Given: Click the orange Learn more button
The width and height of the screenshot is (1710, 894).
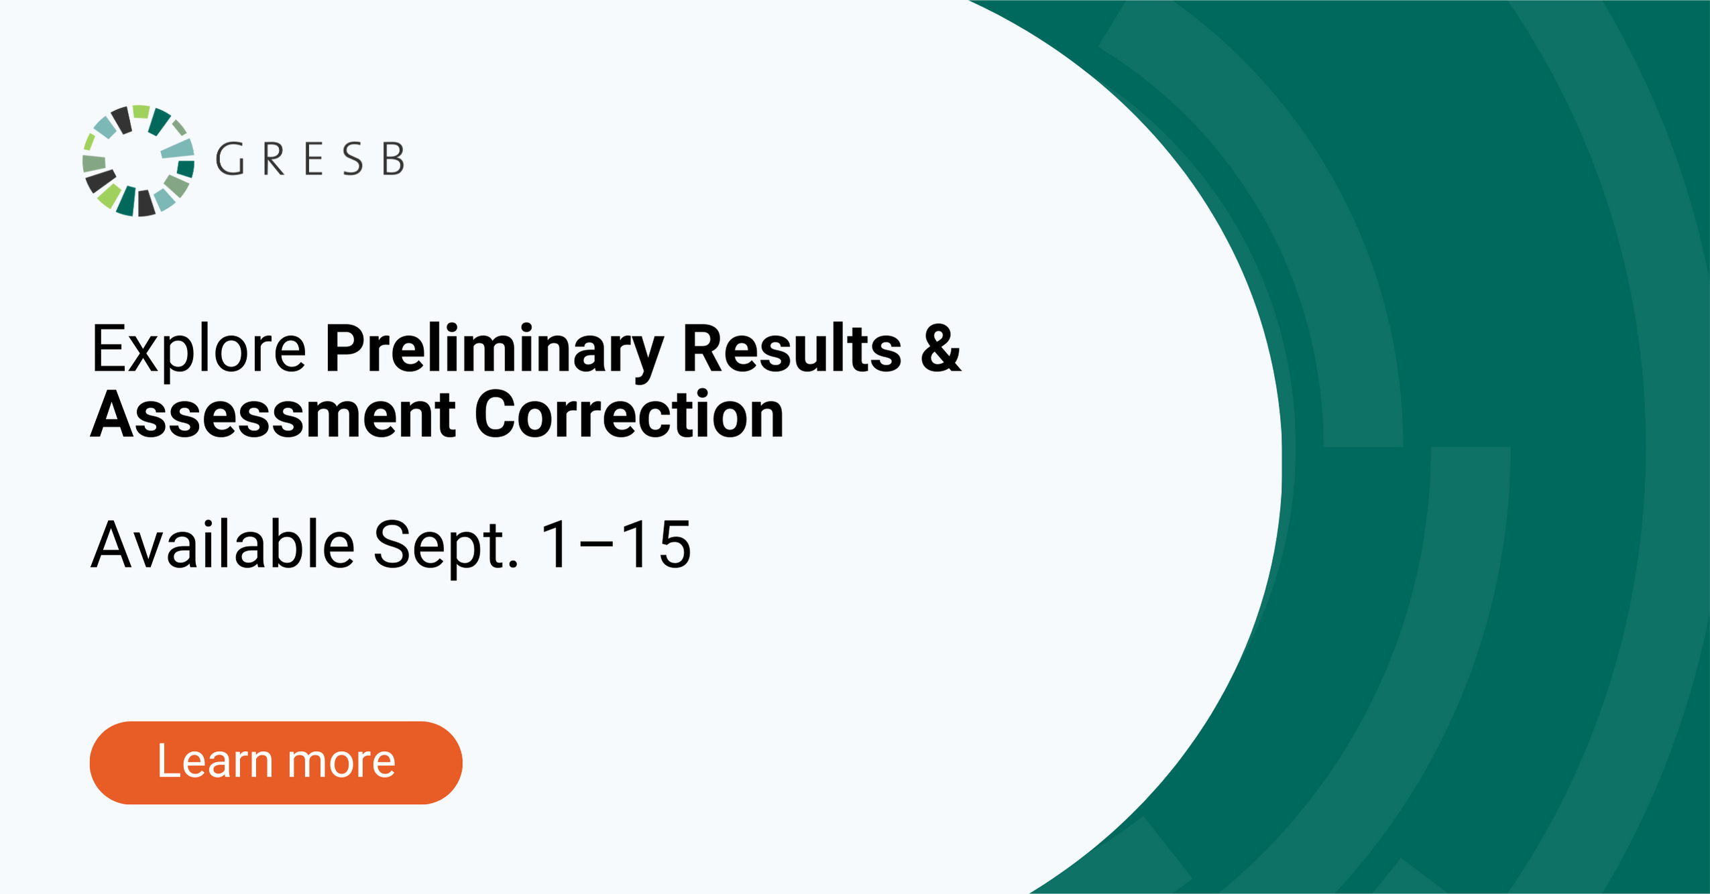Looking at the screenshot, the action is tap(276, 763).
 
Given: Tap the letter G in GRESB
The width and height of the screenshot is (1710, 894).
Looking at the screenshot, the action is tap(229, 159).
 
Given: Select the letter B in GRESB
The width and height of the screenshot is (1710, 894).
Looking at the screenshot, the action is tap(394, 159).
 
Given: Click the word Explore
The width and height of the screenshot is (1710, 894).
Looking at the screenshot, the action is tap(198, 349).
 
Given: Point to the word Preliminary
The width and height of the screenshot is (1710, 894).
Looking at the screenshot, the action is tap(494, 349).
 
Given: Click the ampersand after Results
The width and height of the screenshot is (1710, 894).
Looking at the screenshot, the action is tap(941, 348).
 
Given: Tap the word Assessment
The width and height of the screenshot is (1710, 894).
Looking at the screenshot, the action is tap(274, 415).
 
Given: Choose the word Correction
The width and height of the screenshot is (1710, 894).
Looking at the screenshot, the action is tap(629, 415).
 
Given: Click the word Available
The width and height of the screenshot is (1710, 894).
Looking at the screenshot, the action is tap(223, 545).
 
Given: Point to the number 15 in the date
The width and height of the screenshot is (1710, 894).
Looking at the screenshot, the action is tap(655, 545).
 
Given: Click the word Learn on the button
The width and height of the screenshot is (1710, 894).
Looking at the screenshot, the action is tap(215, 761).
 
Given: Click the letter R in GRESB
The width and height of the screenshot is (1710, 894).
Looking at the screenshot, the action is tap(274, 159).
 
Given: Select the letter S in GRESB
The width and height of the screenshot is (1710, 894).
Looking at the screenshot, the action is tap(353, 159).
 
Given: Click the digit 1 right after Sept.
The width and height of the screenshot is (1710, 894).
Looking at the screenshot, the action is tap(555, 545).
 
